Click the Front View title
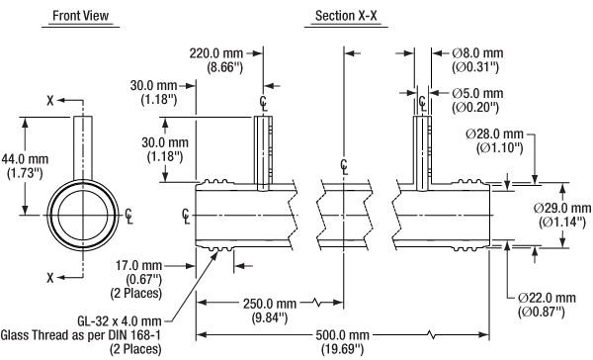pyautogui.click(x=81, y=16)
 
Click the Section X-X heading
pyautogui.click(x=346, y=16)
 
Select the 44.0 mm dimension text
pyautogui.click(x=25, y=159)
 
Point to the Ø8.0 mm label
pyautogui.click(x=477, y=53)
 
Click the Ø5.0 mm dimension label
pyautogui.click(x=477, y=94)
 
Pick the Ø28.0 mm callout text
pyautogui.click(x=495, y=134)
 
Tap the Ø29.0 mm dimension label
pyautogui.click(x=562, y=208)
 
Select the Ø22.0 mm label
pyautogui.click(x=547, y=298)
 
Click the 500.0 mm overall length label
pyautogui.click(x=342, y=335)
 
